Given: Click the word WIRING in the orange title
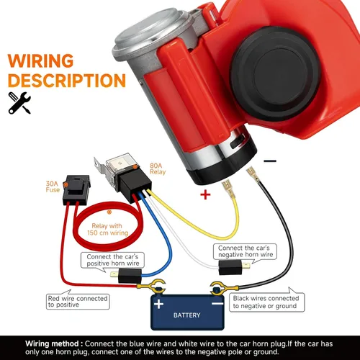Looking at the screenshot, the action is [40, 60].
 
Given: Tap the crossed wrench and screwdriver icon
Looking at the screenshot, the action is [19, 103].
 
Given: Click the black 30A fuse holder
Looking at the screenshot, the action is [76, 190].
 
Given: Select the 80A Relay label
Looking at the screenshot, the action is [158, 168].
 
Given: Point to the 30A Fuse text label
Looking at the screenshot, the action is [53, 186].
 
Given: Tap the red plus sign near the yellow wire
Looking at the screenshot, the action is [205, 194].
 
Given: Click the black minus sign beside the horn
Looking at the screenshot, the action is [270, 161].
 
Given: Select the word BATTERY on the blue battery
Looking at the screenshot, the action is [186, 315].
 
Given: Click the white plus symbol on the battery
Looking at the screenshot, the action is [158, 304].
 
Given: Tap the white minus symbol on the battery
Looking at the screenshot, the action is [217, 304].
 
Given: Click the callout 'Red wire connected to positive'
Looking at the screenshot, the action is [78, 302].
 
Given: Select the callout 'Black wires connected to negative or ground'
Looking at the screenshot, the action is [266, 302].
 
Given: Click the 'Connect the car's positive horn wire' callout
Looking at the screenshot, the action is [112, 260].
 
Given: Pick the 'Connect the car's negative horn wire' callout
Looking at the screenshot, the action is [245, 251].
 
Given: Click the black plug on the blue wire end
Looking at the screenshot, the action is [130, 276].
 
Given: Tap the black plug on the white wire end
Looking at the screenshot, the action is [230, 267].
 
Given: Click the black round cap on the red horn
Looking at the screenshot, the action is [275, 73].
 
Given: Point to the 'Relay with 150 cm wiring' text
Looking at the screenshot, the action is [107, 230].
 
